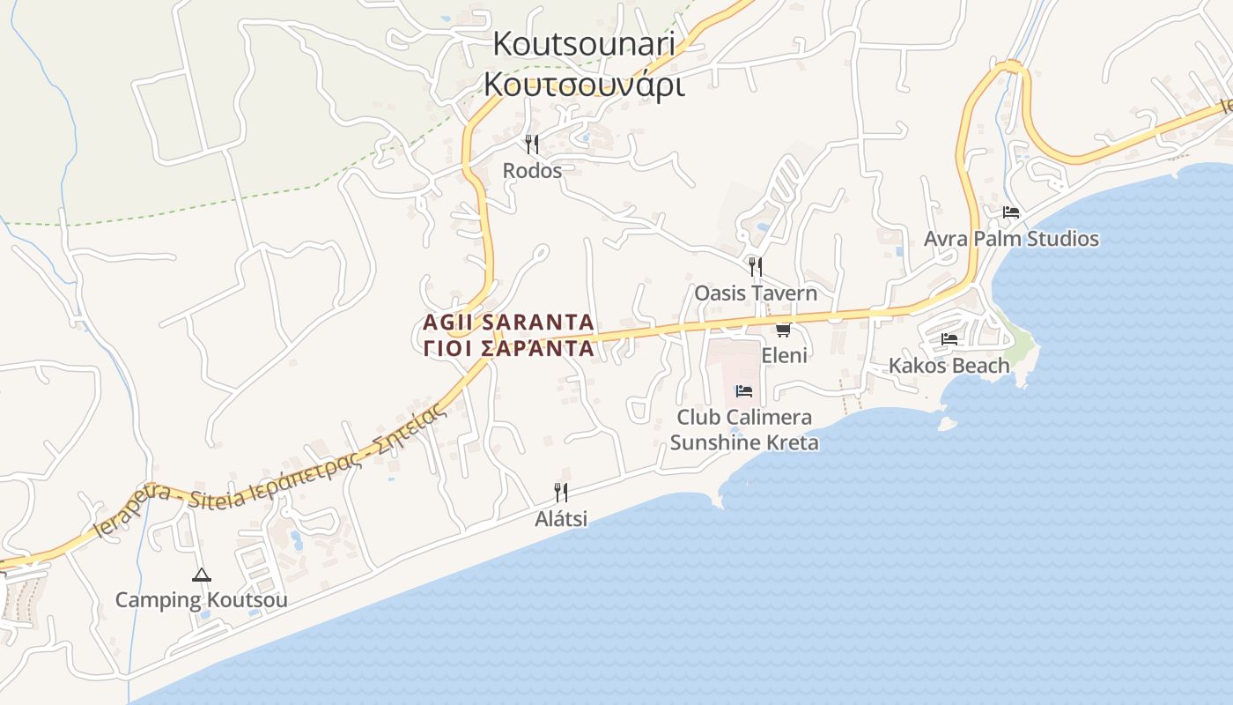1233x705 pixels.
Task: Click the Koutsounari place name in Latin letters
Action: point(583,44)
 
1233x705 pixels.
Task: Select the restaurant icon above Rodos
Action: point(532,144)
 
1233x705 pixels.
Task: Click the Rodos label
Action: point(532,170)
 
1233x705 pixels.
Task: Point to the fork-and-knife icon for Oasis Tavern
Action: point(755,266)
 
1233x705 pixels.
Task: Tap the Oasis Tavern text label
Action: point(756,293)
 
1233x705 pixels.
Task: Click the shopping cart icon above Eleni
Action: point(783,330)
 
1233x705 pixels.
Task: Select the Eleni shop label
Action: point(784,355)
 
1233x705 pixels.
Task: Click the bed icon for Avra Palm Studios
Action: point(1011,212)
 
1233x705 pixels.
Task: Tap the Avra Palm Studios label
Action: point(1011,239)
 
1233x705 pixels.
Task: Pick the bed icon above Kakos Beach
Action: point(949,338)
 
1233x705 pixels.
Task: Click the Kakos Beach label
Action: point(949,365)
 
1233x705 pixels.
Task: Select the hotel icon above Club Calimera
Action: point(744,390)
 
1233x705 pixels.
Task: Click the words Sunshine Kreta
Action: point(744,442)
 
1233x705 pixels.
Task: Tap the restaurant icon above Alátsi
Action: point(561,492)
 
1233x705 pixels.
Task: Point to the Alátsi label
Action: point(561,519)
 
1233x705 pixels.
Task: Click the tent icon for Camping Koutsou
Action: point(202,575)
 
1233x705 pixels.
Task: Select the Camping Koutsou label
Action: point(202,600)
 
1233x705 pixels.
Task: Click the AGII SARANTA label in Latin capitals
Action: point(508,322)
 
